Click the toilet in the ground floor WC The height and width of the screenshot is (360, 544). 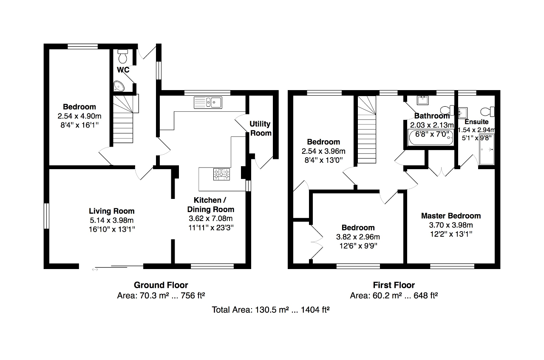pyautogui.click(x=123, y=57)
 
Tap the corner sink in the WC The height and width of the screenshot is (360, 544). pyautogui.click(x=119, y=86)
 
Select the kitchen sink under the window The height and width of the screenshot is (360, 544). pyautogui.click(x=208, y=102)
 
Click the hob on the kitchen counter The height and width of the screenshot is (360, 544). pyautogui.click(x=221, y=174)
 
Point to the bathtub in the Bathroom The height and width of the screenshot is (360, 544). pyautogui.click(x=431, y=138)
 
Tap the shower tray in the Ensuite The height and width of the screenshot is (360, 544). pyautogui.click(x=487, y=149)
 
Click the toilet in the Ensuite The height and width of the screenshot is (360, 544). pyautogui.click(x=487, y=111)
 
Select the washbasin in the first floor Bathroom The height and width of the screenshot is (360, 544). pyautogui.click(x=422, y=100)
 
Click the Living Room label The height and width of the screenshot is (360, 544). pyautogui.click(x=112, y=211)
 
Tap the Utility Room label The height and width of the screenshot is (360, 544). pyautogui.click(x=261, y=128)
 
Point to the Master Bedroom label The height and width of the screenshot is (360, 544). pyautogui.click(x=451, y=216)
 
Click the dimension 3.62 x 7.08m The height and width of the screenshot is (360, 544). pyautogui.click(x=211, y=218)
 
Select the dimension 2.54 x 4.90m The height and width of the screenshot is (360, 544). pyautogui.click(x=79, y=116)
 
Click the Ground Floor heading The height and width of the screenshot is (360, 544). pyautogui.click(x=161, y=285)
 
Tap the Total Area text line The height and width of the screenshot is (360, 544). pyautogui.click(x=271, y=310)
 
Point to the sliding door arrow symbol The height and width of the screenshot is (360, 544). pyautogui.click(x=95, y=269)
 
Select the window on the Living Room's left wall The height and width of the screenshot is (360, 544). pyautogui.click(x=46, y=216)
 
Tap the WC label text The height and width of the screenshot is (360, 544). pyautogui.click(x=123, y=70)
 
